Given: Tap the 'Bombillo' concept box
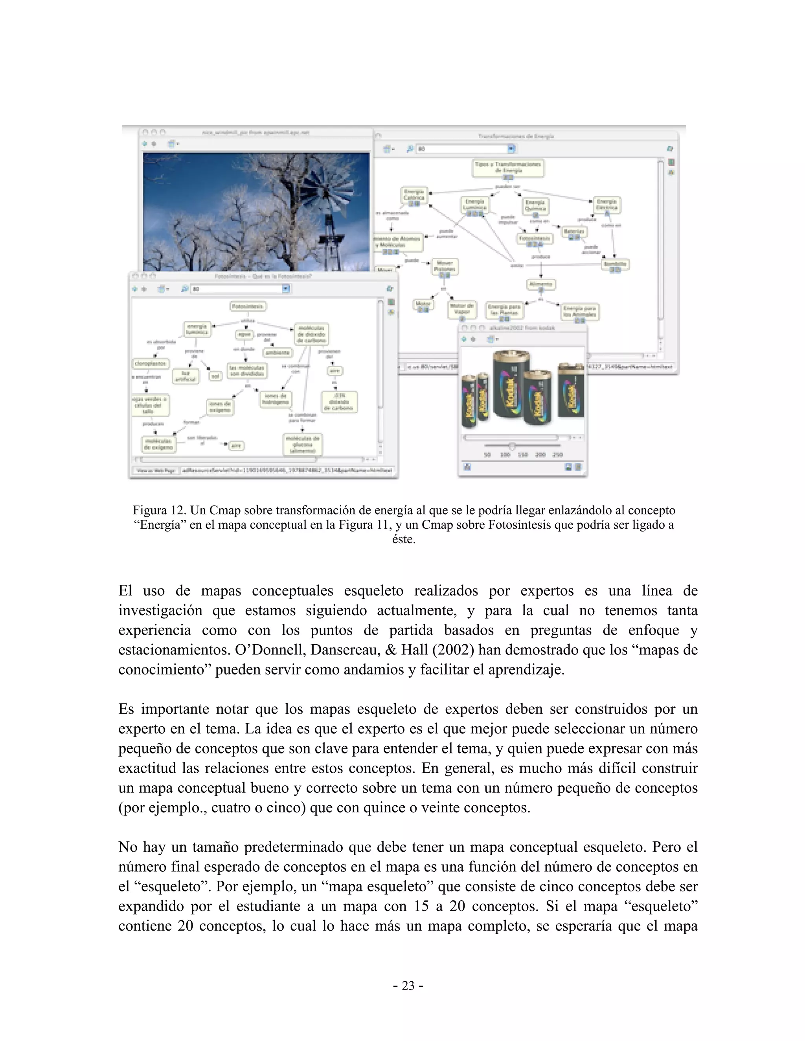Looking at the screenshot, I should pos(615,265).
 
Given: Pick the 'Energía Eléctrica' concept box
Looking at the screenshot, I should pos(607,205).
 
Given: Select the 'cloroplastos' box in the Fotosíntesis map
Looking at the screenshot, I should pos(150,363).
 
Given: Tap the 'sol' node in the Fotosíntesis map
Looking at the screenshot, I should pos(215,376).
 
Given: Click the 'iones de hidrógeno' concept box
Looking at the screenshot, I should pos(276,399).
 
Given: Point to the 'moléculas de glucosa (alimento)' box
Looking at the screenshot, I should pos(303,444).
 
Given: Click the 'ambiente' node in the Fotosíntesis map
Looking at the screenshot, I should pos(278,353).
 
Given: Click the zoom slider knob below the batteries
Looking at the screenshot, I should pos(512,446).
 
